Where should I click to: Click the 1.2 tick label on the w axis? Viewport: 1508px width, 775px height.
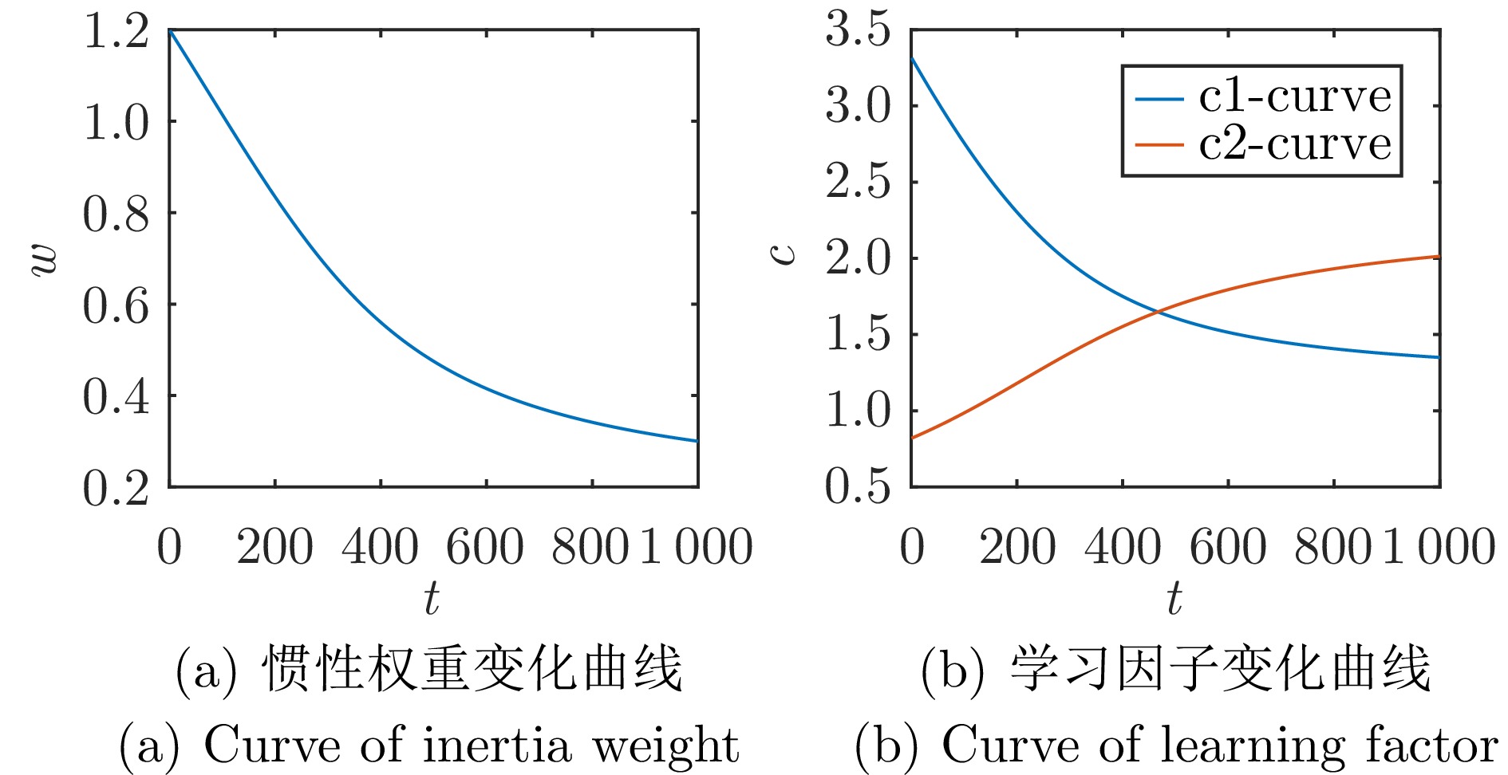click(116, 33)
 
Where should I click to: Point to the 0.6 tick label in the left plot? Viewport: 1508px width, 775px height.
click(116, 306)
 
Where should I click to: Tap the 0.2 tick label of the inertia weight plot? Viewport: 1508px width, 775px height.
click(116, 488)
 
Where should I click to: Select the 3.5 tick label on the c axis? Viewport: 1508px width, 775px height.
click(858, 31)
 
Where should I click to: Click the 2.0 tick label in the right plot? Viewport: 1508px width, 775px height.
click(858, 259)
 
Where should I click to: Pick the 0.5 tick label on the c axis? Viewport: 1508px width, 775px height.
click(858, 486)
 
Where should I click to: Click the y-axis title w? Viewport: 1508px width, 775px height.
click(44, 258)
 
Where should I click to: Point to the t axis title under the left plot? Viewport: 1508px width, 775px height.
click(432, 597)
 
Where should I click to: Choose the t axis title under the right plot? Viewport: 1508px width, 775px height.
click(1174, 597)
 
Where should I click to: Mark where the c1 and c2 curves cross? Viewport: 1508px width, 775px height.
click(1158, 311)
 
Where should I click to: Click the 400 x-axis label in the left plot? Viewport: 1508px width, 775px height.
click(380, 548)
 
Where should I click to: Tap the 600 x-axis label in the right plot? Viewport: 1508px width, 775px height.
click(1227, 548)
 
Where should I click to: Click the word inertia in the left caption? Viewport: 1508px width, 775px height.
click(497, 746)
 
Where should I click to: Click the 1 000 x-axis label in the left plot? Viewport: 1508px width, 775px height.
click(696, 548)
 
